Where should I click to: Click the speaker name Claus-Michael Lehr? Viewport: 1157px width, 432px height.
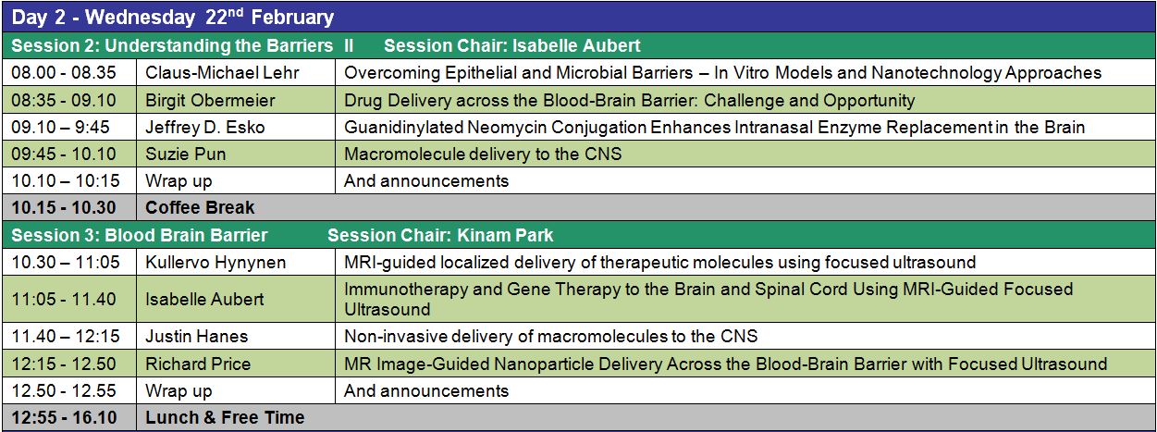coord(222,72)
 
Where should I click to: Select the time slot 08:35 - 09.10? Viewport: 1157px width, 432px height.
coord(64,100)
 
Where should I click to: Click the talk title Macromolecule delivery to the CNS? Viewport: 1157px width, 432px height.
coord(483,154)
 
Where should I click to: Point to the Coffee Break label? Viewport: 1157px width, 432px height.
coord(200,207)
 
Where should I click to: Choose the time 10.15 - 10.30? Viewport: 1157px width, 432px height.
coord(64,207)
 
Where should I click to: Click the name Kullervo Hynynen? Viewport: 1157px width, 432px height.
coord(215,263)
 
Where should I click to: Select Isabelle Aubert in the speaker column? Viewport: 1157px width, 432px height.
coord(204,299)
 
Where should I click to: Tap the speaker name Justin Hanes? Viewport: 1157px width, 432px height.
coord(197,337)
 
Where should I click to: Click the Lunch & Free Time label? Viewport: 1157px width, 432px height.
coord(225,417)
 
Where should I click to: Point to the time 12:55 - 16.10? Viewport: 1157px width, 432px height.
coord(64,417)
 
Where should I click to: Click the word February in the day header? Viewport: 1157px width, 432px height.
coord(292,17)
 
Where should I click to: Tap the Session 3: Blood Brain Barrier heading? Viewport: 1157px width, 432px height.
coord(140,235)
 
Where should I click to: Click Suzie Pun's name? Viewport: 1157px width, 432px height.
coord(185,154)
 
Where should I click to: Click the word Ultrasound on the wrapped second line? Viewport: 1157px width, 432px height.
coord(388,309)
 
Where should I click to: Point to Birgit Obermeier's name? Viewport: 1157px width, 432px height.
coord(210,100)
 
